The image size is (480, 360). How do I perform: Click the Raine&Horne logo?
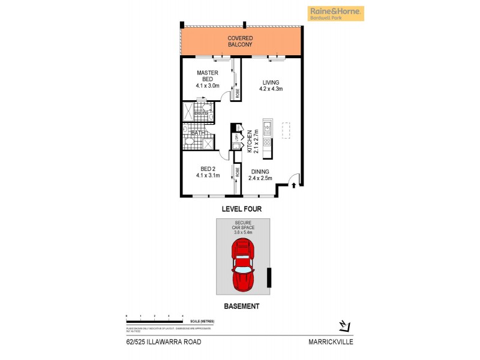[x=335, y=13]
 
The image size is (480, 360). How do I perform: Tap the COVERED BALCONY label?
[x=239, y=41]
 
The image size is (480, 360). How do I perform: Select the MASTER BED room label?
[x=208, y=79]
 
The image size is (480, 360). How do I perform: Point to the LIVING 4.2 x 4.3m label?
[x=271, y=85]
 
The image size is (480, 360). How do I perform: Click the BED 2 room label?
[x=208, y=172]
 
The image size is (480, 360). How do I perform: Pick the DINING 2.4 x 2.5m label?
[x=262, y=174]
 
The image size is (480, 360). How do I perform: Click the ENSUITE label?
[x=200, y=113]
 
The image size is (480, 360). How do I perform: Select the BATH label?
[x=197, y=132]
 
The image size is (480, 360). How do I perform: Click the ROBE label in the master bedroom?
[x=237, y=94]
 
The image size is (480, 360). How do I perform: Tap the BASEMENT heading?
[x=242, y=306]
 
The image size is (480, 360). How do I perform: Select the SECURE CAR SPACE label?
[x=244, y=228]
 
